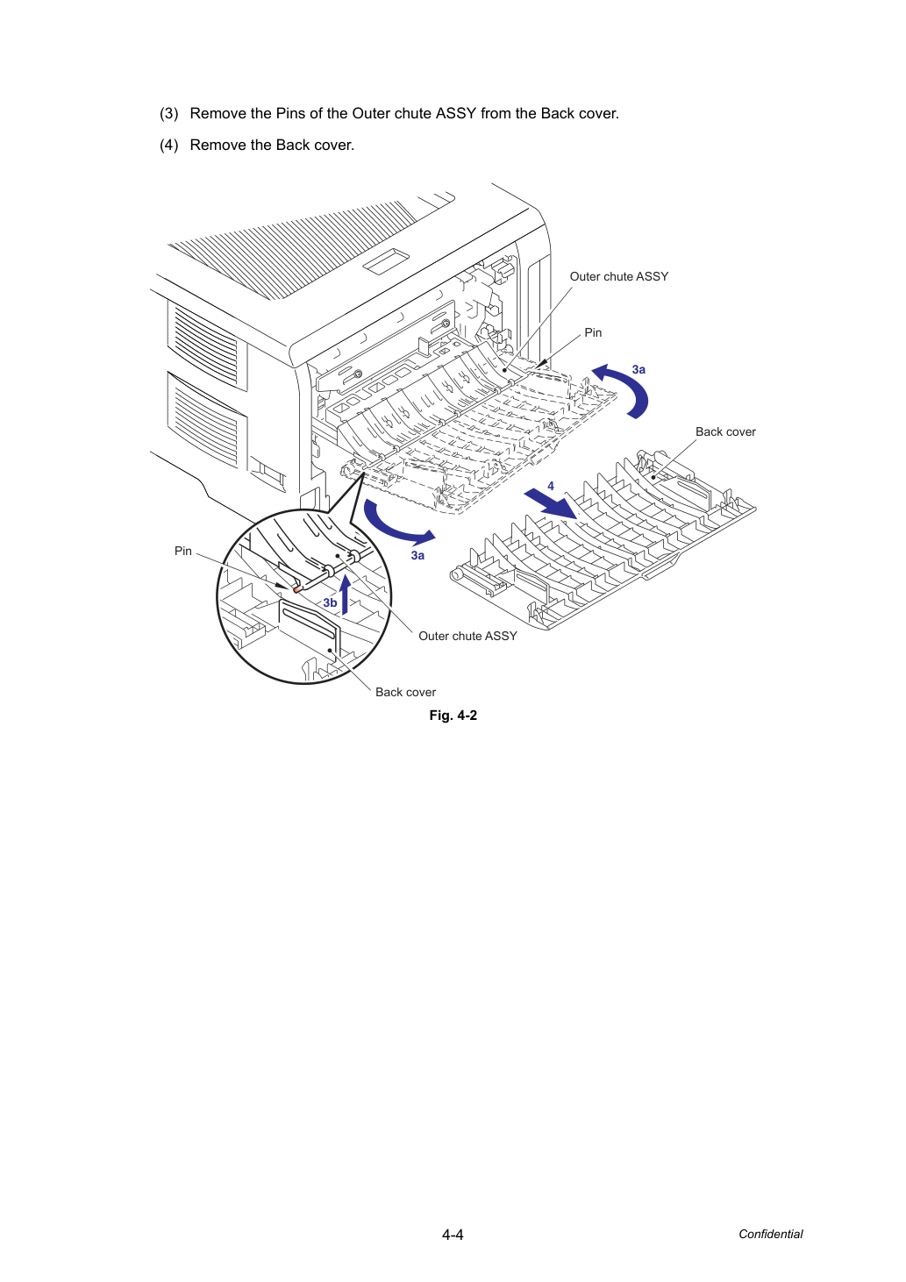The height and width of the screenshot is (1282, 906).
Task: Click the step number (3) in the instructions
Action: (x=169, y=114)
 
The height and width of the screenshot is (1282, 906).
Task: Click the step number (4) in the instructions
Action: (x=169, y=146)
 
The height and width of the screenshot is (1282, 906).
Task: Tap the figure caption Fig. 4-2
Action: (x=453, y=716)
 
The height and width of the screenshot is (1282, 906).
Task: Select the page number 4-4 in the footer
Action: (x=453, y=1235)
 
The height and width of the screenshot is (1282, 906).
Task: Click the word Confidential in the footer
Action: (x=770, y=1234)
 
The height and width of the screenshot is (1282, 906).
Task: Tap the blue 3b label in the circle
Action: (x=330, y=602)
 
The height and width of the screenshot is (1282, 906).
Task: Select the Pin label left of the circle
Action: (x=183, y=551)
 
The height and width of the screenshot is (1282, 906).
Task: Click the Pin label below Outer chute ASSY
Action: (x=593, y=332)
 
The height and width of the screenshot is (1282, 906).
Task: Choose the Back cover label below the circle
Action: (x=405, y=692)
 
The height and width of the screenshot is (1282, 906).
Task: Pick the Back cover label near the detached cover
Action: (x=725, y=431)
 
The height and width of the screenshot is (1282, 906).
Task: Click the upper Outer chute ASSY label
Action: (x=618, y=276)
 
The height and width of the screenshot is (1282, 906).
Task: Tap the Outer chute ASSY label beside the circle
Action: (x=467, y=636)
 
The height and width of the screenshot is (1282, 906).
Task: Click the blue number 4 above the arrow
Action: (x=551, y=486)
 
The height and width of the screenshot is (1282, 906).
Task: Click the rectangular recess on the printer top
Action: (x=388, y=261)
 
